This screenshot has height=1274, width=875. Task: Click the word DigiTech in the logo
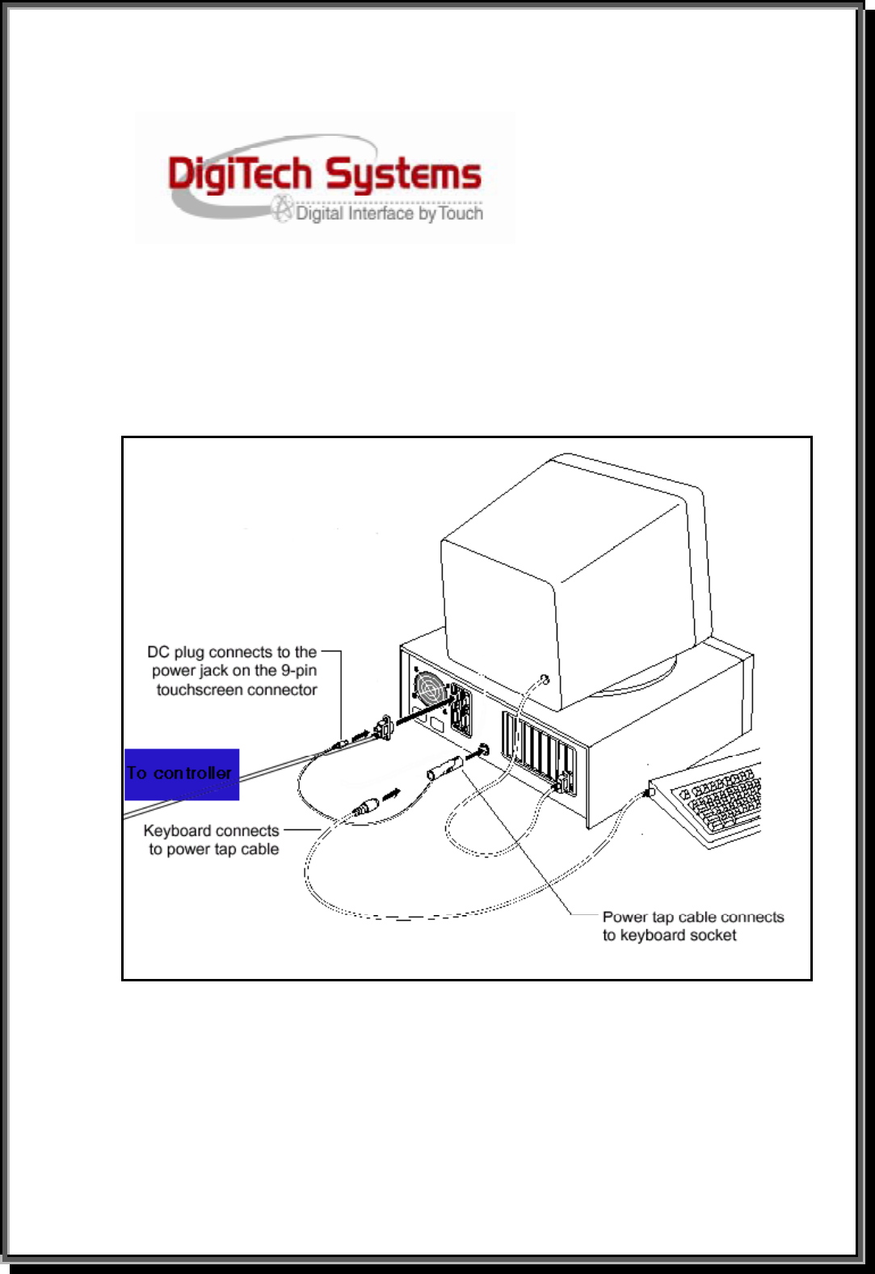[x=240, y=175]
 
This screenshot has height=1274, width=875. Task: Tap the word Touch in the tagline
[x=461, y=213]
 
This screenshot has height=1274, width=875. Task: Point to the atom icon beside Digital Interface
[x=282, y=209]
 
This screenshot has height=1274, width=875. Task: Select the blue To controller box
[x=182, y=774]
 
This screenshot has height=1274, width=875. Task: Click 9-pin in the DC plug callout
[x=298, y=670]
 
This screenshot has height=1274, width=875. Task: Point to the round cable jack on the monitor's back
[x=545, y=679]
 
